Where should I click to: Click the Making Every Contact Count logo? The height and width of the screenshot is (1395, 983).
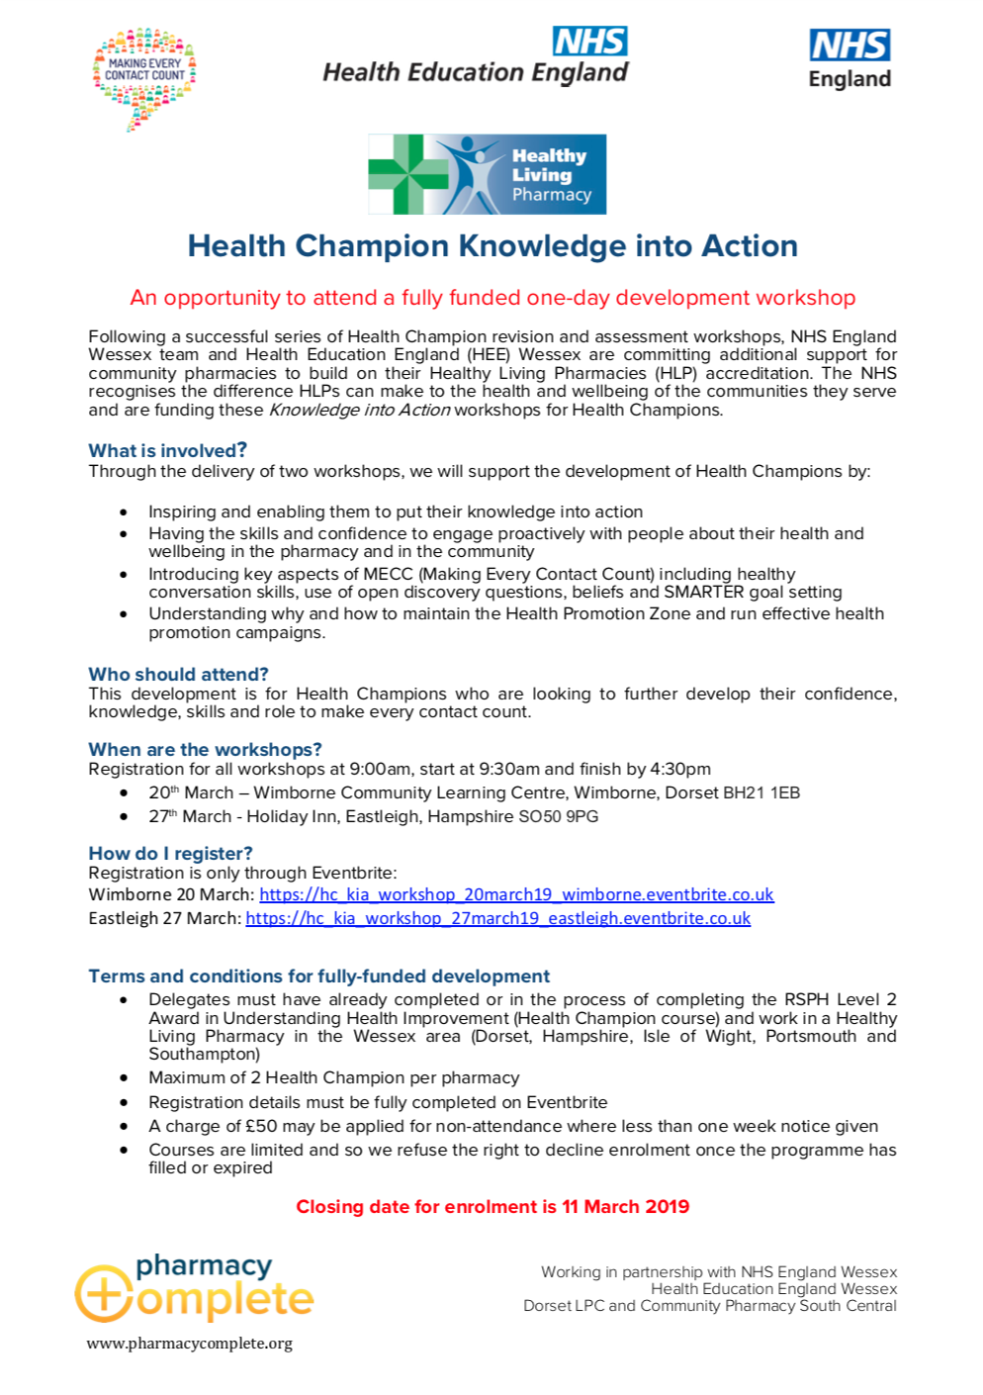144,78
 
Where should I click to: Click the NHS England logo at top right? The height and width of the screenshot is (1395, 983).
849,58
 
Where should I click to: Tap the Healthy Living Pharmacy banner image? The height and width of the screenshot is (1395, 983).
487,175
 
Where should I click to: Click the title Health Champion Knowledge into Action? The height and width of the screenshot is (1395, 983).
492,246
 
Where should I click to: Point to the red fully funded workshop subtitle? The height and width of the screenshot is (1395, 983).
492,298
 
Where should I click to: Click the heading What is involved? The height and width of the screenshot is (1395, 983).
167,451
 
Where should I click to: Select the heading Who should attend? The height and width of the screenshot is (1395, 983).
178,675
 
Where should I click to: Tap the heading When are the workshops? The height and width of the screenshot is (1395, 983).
205,750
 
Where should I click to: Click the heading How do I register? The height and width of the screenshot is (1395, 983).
170,854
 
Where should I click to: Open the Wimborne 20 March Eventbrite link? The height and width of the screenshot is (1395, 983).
516,895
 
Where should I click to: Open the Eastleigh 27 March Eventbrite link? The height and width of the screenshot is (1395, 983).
497,919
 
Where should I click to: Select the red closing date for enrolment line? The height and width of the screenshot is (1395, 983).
492,1207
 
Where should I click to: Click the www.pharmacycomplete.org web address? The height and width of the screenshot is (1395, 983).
189,1344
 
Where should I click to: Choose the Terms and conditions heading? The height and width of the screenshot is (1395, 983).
318,976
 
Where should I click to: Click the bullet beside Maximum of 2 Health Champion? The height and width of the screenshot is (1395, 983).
124,1078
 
